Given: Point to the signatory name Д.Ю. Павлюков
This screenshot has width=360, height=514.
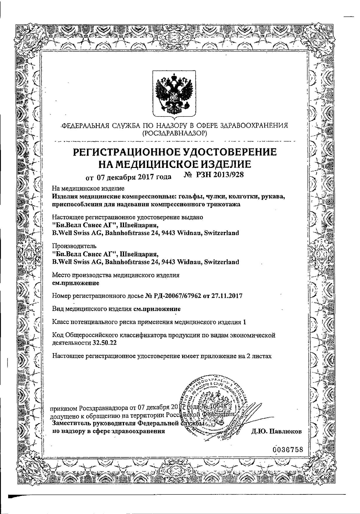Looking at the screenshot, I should coord(276,431).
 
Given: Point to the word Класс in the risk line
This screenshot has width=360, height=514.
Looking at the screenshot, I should coord(60,322).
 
